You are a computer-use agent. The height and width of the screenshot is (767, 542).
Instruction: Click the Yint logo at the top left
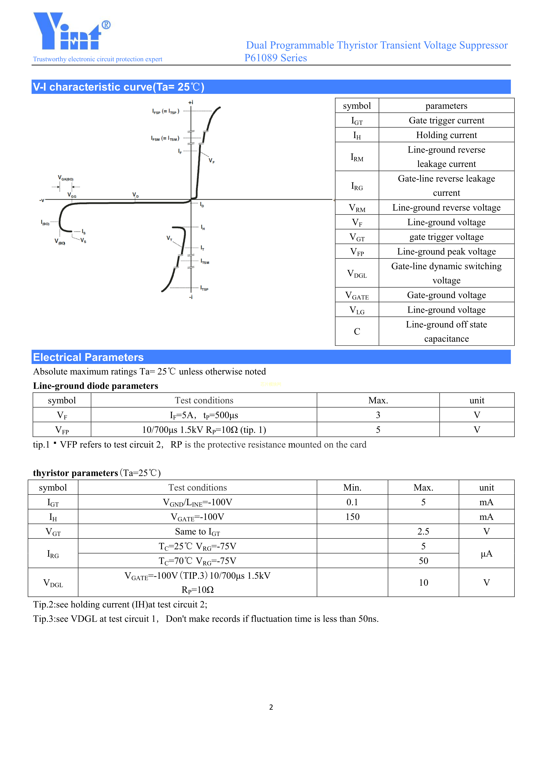tap(67, 32)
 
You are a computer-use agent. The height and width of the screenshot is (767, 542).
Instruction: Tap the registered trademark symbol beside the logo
tap(106, 25)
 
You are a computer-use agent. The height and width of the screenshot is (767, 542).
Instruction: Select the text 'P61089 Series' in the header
tap(275, 58)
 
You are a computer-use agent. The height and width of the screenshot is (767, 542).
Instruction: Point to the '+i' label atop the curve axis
tap(191, 102)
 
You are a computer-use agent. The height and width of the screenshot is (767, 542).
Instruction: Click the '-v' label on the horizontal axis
tap(42, 200)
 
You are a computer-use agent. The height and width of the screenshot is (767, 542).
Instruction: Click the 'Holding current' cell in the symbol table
tap(446, 135)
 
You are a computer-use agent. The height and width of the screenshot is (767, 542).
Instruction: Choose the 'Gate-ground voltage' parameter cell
tap(446, 295)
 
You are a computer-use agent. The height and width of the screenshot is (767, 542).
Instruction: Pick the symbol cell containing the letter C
tap(357, 331)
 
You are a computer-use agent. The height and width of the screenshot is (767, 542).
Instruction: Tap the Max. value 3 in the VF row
tap(378, 415)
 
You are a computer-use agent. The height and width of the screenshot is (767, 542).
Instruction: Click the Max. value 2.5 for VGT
tap(423, 531)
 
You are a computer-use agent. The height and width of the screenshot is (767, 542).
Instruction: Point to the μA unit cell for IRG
tap(486, 554)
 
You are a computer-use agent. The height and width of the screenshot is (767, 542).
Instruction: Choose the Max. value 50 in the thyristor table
tap(423, 561)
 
